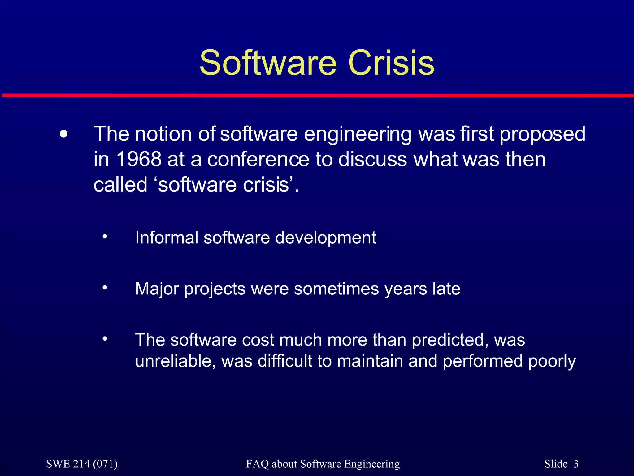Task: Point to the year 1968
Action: point(139,159)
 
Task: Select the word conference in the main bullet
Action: point(258,159)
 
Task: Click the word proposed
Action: point(542,134)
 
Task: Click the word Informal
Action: point(167,238)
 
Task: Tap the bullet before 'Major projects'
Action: point(105,288)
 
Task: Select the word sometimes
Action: point(336,289)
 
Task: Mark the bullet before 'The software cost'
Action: point(105,339)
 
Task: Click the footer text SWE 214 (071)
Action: point(82,464)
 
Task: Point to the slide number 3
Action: point(576,464)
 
